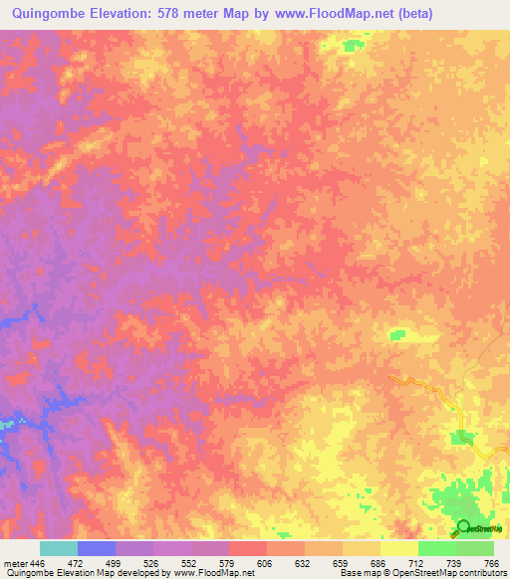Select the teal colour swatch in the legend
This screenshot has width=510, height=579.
[59, 548]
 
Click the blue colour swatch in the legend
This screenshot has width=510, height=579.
[97, 548]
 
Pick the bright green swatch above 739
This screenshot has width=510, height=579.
[437, 548]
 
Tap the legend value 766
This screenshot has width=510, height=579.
[491, 563]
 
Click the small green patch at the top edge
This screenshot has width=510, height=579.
[350, 45]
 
